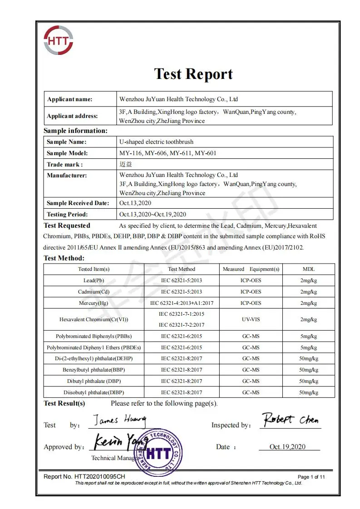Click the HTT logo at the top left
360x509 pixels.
point(58,40)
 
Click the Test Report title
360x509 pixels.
point(193,74)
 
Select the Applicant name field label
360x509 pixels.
point(69,99)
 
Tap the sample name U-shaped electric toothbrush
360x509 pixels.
point(156,142)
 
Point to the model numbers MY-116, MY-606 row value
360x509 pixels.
point(168,153)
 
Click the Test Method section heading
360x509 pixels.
point(64,258)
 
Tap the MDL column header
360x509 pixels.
point(309,269)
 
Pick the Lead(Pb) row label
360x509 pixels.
point(94,280)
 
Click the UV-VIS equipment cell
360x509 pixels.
point(251,319)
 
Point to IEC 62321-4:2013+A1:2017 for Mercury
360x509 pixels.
point(182,303)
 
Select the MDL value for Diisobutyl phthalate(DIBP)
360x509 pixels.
point(309,392)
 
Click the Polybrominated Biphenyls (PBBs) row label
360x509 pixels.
point(94,336)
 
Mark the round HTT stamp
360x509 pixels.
point(158,451)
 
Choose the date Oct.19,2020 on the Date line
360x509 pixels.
point(287,447)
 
